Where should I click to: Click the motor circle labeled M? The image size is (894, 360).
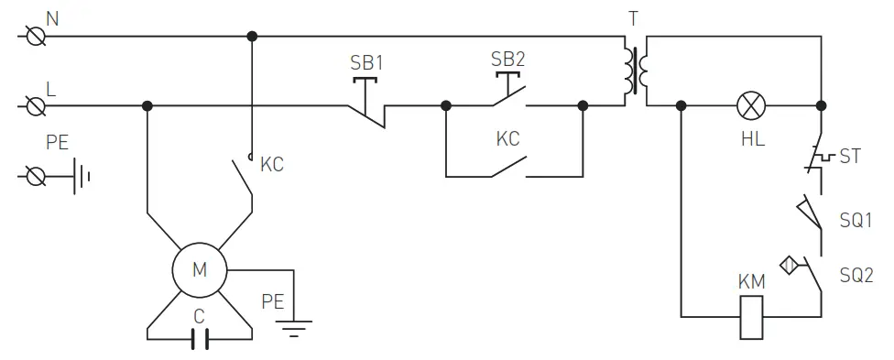200,270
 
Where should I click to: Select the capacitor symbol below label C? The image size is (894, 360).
200,340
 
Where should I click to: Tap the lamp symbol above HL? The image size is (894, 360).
751,106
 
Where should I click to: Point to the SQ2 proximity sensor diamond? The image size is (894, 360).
789,267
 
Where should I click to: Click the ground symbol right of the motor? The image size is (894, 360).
294,324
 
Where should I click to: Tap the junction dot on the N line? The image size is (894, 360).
251,37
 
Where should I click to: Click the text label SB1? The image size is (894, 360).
367,64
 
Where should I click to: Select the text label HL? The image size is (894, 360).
752,138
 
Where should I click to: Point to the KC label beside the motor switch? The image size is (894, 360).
272,165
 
